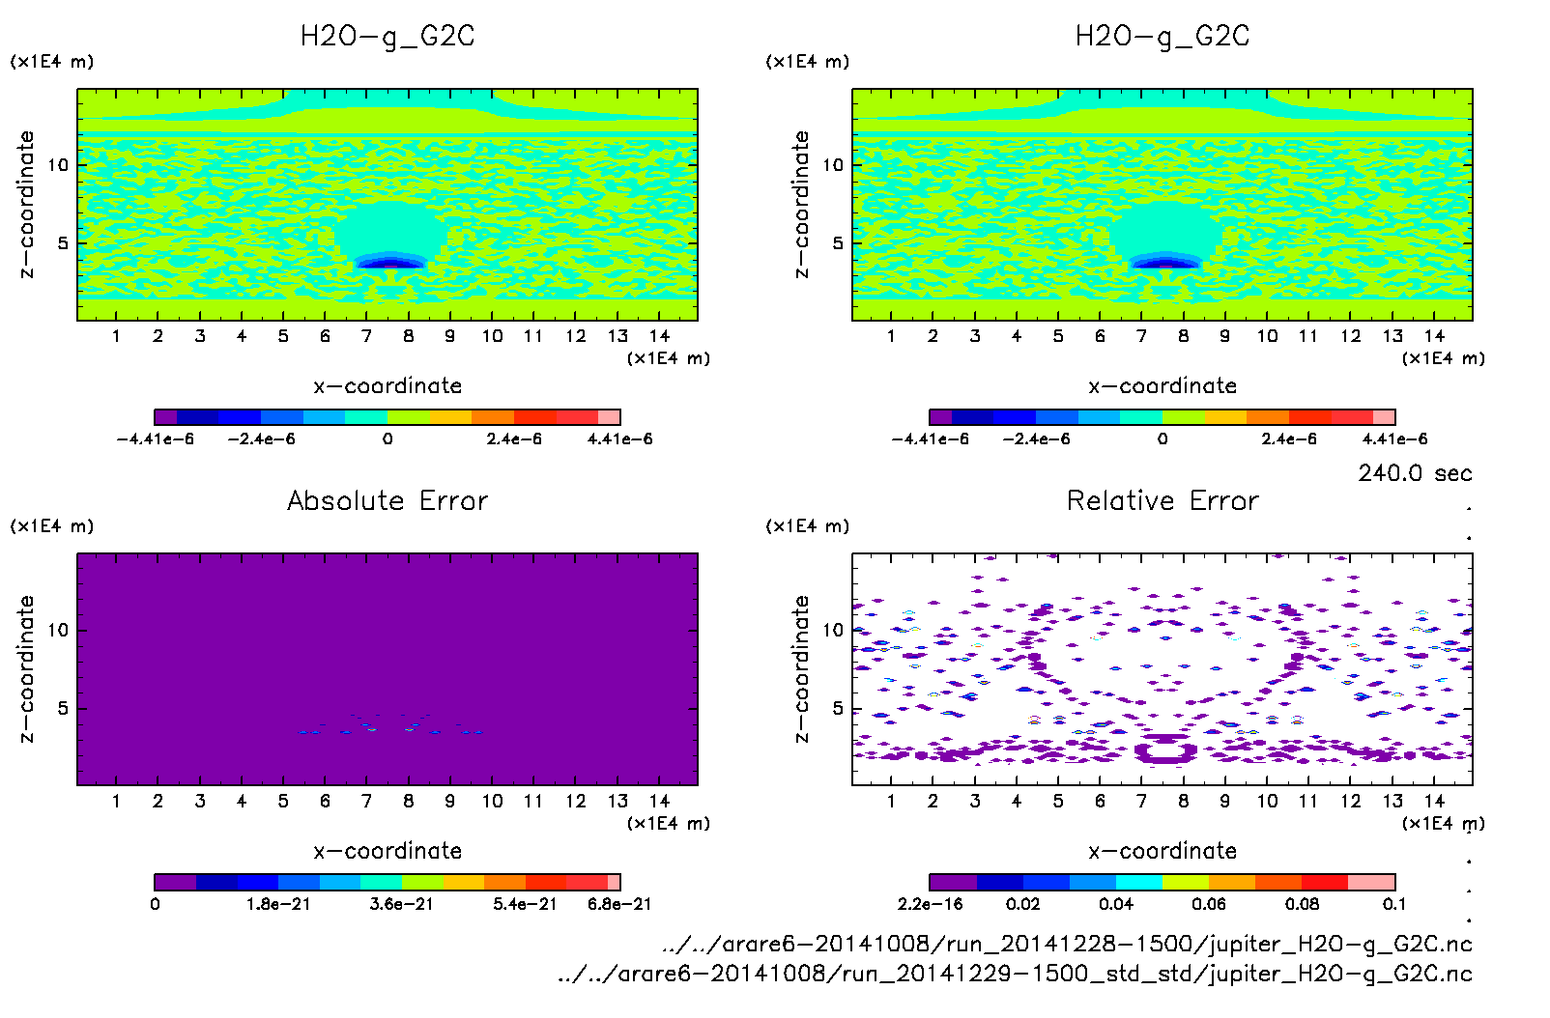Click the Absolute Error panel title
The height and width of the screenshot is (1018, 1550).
[387, 500]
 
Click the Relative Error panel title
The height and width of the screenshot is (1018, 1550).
[1162, 500]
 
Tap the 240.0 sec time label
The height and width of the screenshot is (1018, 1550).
[1415, 473]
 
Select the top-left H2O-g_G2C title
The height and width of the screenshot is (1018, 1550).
[387, 37]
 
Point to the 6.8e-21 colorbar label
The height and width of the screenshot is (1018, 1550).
[619, 904]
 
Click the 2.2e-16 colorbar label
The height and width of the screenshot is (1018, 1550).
[931, 904]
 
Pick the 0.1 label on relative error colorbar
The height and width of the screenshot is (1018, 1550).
[1394, 904]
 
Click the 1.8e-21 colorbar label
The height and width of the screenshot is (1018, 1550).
[278, 904]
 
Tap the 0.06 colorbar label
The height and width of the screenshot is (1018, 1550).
[1209, 904]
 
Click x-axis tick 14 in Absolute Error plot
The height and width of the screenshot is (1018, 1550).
[659, 801]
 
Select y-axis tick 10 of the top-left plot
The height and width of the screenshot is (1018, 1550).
[59, 165]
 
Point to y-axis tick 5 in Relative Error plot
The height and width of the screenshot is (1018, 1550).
[838, 708]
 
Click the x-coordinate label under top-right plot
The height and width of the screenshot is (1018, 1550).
[1162, 386]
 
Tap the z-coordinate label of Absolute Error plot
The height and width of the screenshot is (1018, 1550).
[27, 668]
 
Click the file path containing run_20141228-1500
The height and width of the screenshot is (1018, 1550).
[1067, 944]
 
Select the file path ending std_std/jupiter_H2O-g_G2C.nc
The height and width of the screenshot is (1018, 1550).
[1015, 974]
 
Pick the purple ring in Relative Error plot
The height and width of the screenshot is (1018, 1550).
[1165, 749]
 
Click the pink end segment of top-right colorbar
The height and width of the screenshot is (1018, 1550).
[1384, 417]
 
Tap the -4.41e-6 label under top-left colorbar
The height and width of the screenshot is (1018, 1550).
[156, 439]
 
